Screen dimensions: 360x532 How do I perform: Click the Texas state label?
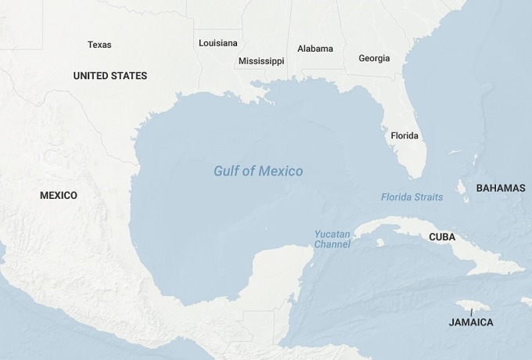[x=99, y=45]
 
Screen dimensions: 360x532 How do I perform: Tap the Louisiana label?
[x=218, y=43]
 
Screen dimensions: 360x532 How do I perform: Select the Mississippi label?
[x=261, y=61]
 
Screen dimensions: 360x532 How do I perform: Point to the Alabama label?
[x=315, y=49]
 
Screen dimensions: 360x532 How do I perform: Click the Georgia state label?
[x=374, y=59]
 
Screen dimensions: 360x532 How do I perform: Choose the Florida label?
[x=404, y=135]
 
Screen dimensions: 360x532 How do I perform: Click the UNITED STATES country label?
[x=110, y=76]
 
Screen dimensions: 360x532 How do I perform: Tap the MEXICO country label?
[x=59, y=195]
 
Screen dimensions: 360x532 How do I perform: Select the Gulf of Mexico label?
[x=258, y=171]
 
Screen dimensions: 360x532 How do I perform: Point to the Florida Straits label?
[x=412, y=197]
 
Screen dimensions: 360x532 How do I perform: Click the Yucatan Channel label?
[x=332, y=239]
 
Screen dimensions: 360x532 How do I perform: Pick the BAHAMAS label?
[x=501, y=188]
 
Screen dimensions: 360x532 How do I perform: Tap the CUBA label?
[x=442, y=237]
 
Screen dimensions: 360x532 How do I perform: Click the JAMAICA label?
[x=471, y=322]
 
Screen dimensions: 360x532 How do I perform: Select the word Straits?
[x=428, y=197]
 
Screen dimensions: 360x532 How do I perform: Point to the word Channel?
[x=332, y=244]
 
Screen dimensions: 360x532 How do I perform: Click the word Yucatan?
[x=332, y=234]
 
